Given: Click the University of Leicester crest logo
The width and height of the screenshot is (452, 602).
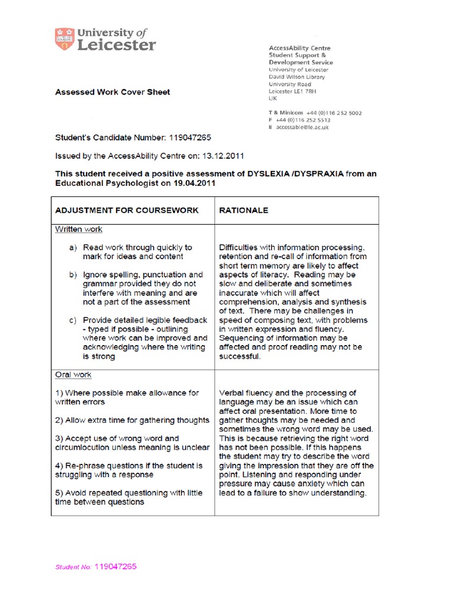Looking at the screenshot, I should click(x=62, y=39).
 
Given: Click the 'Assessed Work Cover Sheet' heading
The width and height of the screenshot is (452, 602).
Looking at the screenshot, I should click(x=112, y=92).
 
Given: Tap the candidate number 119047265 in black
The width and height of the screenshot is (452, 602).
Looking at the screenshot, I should click(x=190, y=138).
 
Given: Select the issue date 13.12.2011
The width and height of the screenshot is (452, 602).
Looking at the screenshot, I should click(x=221, y=156).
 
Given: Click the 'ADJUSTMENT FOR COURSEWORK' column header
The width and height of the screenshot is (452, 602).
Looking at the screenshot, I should click(x=127, y=210).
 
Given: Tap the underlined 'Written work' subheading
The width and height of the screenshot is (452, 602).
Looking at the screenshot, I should click(x=78, y=229).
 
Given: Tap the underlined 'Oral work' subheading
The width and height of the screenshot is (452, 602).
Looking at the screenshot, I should click(x=73, y=374).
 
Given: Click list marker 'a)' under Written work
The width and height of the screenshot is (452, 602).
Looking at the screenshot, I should click(x=73, y=248).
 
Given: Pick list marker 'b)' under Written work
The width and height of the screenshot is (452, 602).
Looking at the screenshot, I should click(x=73, y=275).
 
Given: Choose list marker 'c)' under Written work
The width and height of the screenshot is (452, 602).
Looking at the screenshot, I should click(x=73, y=320).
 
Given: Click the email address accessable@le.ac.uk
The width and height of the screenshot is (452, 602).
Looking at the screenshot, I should click(x=303, y=127).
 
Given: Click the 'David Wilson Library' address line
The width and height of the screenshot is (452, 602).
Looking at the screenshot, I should click(x=297, y=77).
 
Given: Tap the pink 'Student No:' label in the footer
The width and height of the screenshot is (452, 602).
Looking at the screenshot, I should click(x=73, y=567).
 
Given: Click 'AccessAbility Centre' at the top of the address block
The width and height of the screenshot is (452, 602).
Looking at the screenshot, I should click(x=300, y=48).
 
